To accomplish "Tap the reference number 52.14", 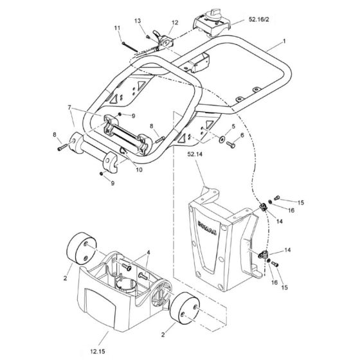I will [199, 154].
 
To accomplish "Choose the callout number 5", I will [233, 126].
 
